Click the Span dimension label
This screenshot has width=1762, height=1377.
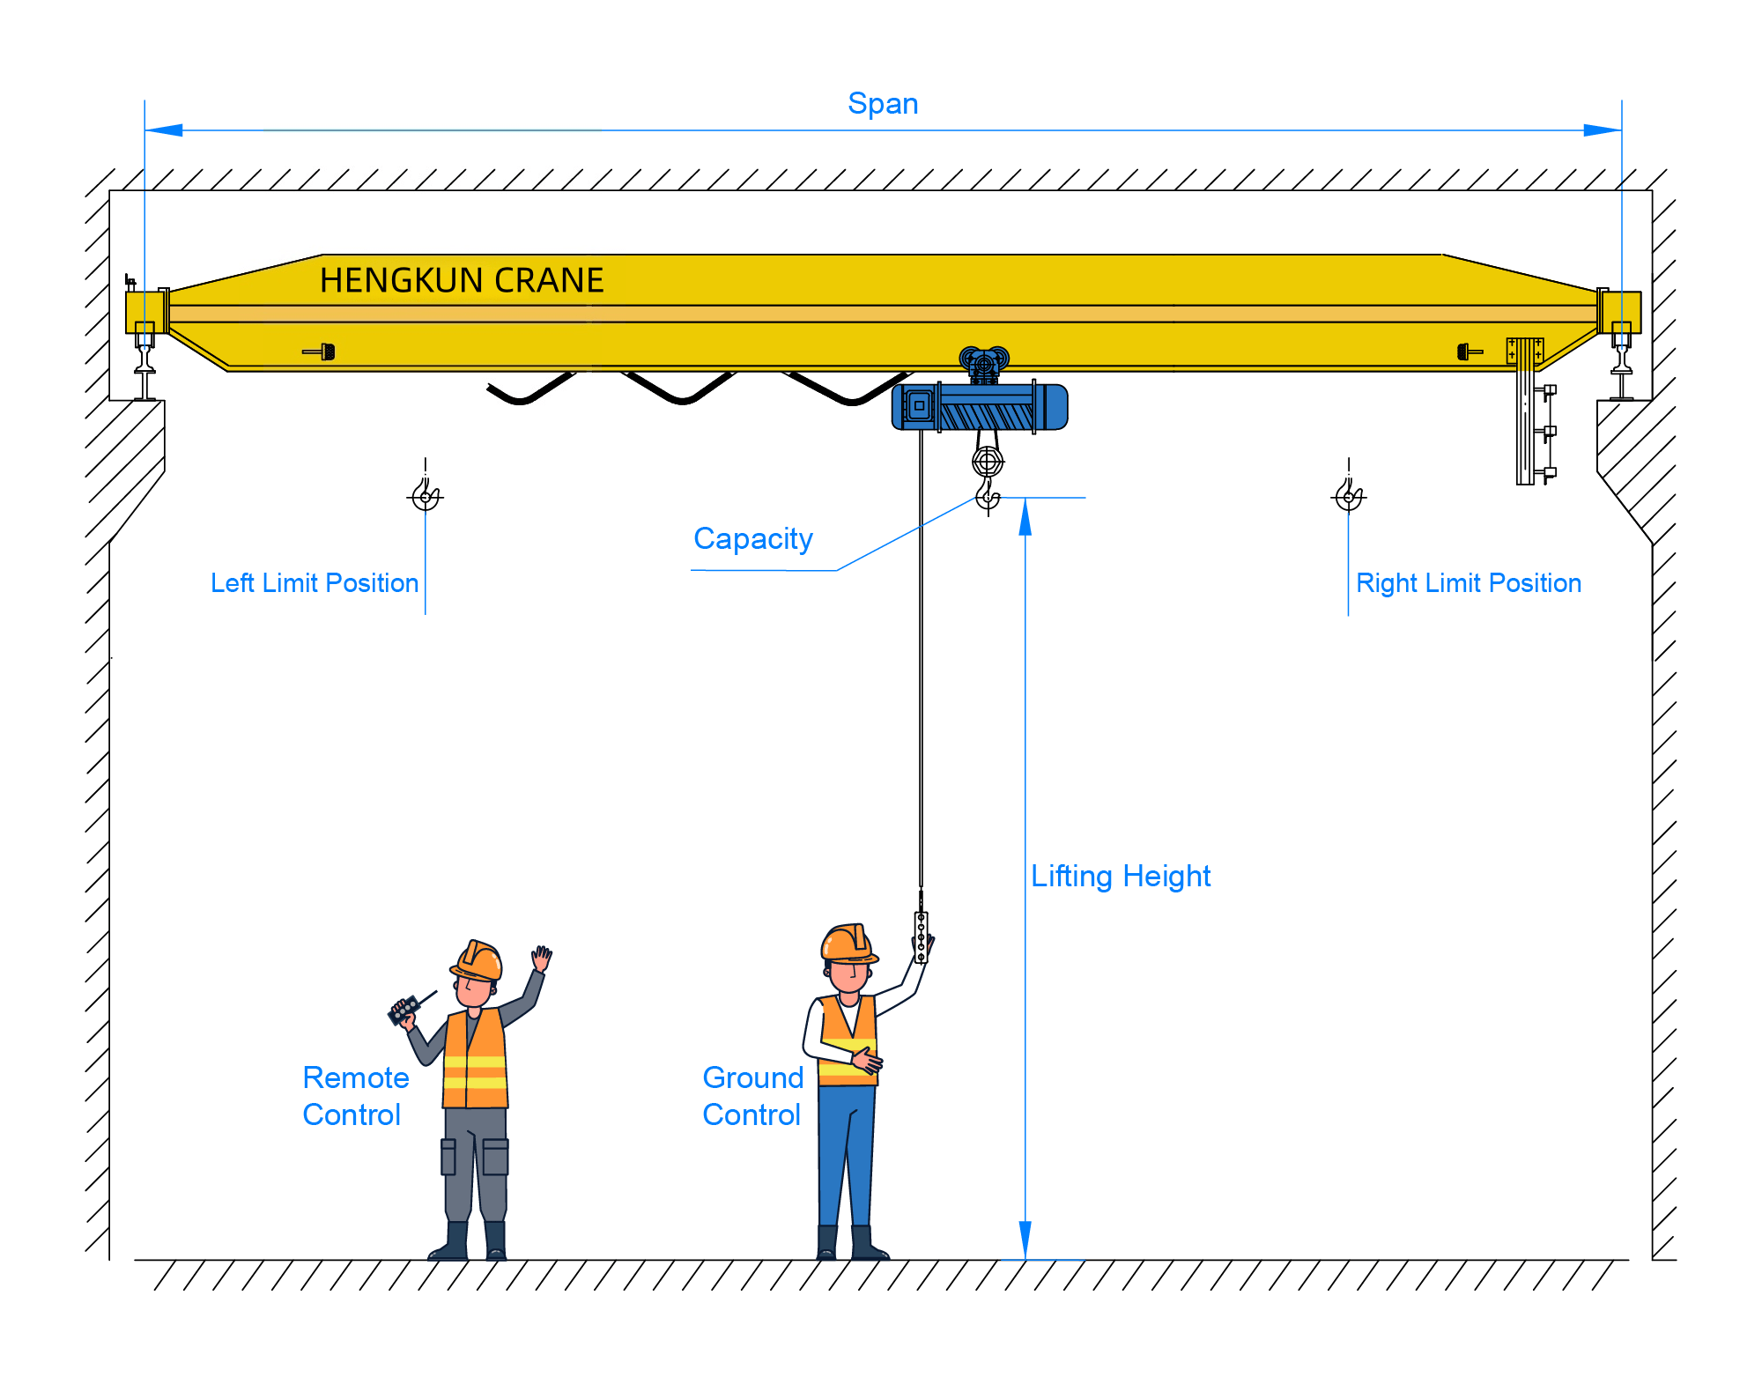coord(883,104)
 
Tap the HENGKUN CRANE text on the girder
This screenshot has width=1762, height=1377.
coord(461,280)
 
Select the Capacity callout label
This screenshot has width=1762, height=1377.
coord(752,538)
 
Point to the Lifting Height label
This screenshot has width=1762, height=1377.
coord(1121,876)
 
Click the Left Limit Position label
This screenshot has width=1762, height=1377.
coord(315,583)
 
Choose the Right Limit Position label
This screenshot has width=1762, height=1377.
coord(1469,583)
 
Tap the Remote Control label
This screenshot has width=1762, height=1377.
coord(355,1096)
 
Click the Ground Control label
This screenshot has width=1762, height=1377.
coord(753,1096)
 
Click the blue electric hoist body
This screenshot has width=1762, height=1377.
coord(980,408)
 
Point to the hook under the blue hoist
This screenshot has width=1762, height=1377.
coord(988,495)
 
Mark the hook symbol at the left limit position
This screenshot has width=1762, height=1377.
coord(426,496)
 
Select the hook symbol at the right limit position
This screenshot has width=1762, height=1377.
coord(1349,496)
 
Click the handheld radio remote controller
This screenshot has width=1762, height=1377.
coord(405,1010)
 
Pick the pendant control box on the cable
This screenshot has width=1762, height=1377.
coord(921,937)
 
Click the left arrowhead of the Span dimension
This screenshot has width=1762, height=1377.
coord(164,130)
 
